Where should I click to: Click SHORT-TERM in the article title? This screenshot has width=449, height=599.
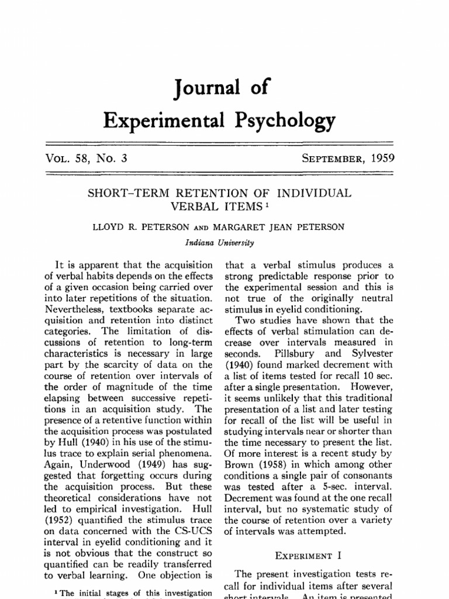tap(121, 193)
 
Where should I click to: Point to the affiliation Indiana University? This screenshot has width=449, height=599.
tap(223, 239)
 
